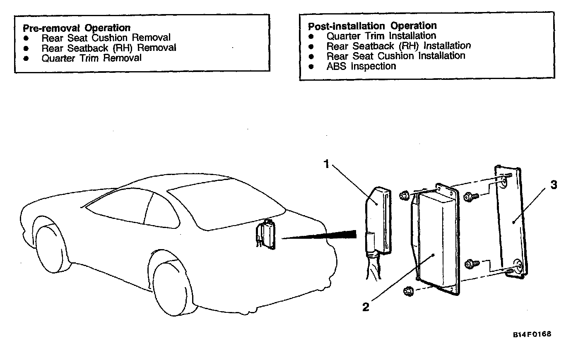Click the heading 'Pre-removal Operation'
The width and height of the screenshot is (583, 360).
tap(77, 28)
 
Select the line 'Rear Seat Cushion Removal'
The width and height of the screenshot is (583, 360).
tap(106, 38)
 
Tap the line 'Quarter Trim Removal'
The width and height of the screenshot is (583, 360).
tap(91, 58)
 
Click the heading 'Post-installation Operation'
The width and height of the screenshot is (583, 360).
tap(372, 26)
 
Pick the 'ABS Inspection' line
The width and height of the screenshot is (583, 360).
tap(361, 66)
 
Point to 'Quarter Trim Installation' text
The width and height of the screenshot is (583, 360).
tap(381, 36)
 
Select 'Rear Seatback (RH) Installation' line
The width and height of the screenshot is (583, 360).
tap(398, 46)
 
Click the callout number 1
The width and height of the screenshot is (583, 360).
tap(326, 164)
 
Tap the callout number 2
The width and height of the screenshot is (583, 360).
tap(366, 307)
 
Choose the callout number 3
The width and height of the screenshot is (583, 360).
tap(554, 185)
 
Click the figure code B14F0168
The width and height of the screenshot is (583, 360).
tap(532, 334)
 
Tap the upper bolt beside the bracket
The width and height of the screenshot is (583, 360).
tap(470, 197)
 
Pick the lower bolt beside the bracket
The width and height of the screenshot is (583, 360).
tap(471, 264)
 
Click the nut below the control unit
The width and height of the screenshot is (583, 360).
tap(408, 292)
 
